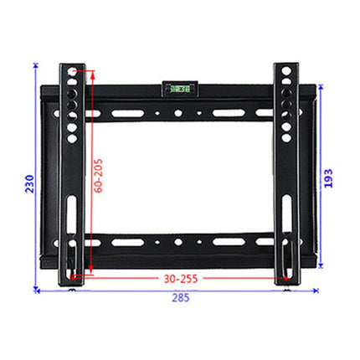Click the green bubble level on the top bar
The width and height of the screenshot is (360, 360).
coord(180,86)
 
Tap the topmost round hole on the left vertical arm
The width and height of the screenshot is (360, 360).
coord(72,76)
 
